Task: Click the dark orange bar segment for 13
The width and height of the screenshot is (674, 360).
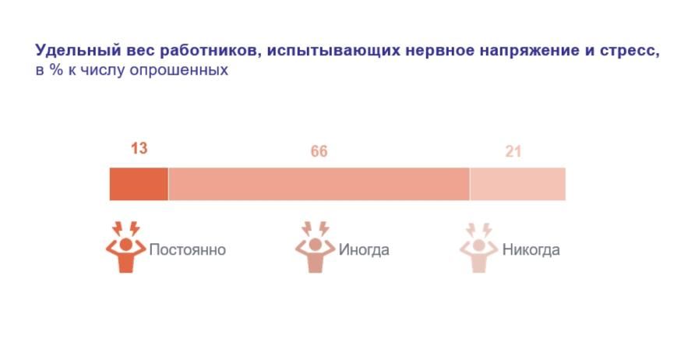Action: [139, 184]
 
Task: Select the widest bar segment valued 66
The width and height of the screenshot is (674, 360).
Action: [319, 184]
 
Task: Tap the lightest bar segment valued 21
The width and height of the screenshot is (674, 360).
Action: [517, 184]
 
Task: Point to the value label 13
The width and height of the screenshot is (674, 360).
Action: [139, 148]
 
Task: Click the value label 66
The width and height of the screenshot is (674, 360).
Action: [319, 152]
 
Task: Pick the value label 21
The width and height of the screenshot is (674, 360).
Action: [513, 152]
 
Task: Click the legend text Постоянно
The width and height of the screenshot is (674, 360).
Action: [187, 250]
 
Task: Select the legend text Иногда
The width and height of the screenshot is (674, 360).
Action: [364, 250]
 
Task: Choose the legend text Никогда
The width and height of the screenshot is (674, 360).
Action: [531, 250]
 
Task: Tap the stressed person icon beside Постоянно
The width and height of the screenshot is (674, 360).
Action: [125, 248]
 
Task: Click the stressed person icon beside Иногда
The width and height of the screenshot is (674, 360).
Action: [315, 248]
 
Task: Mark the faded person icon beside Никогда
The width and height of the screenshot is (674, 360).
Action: [478, 248]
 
